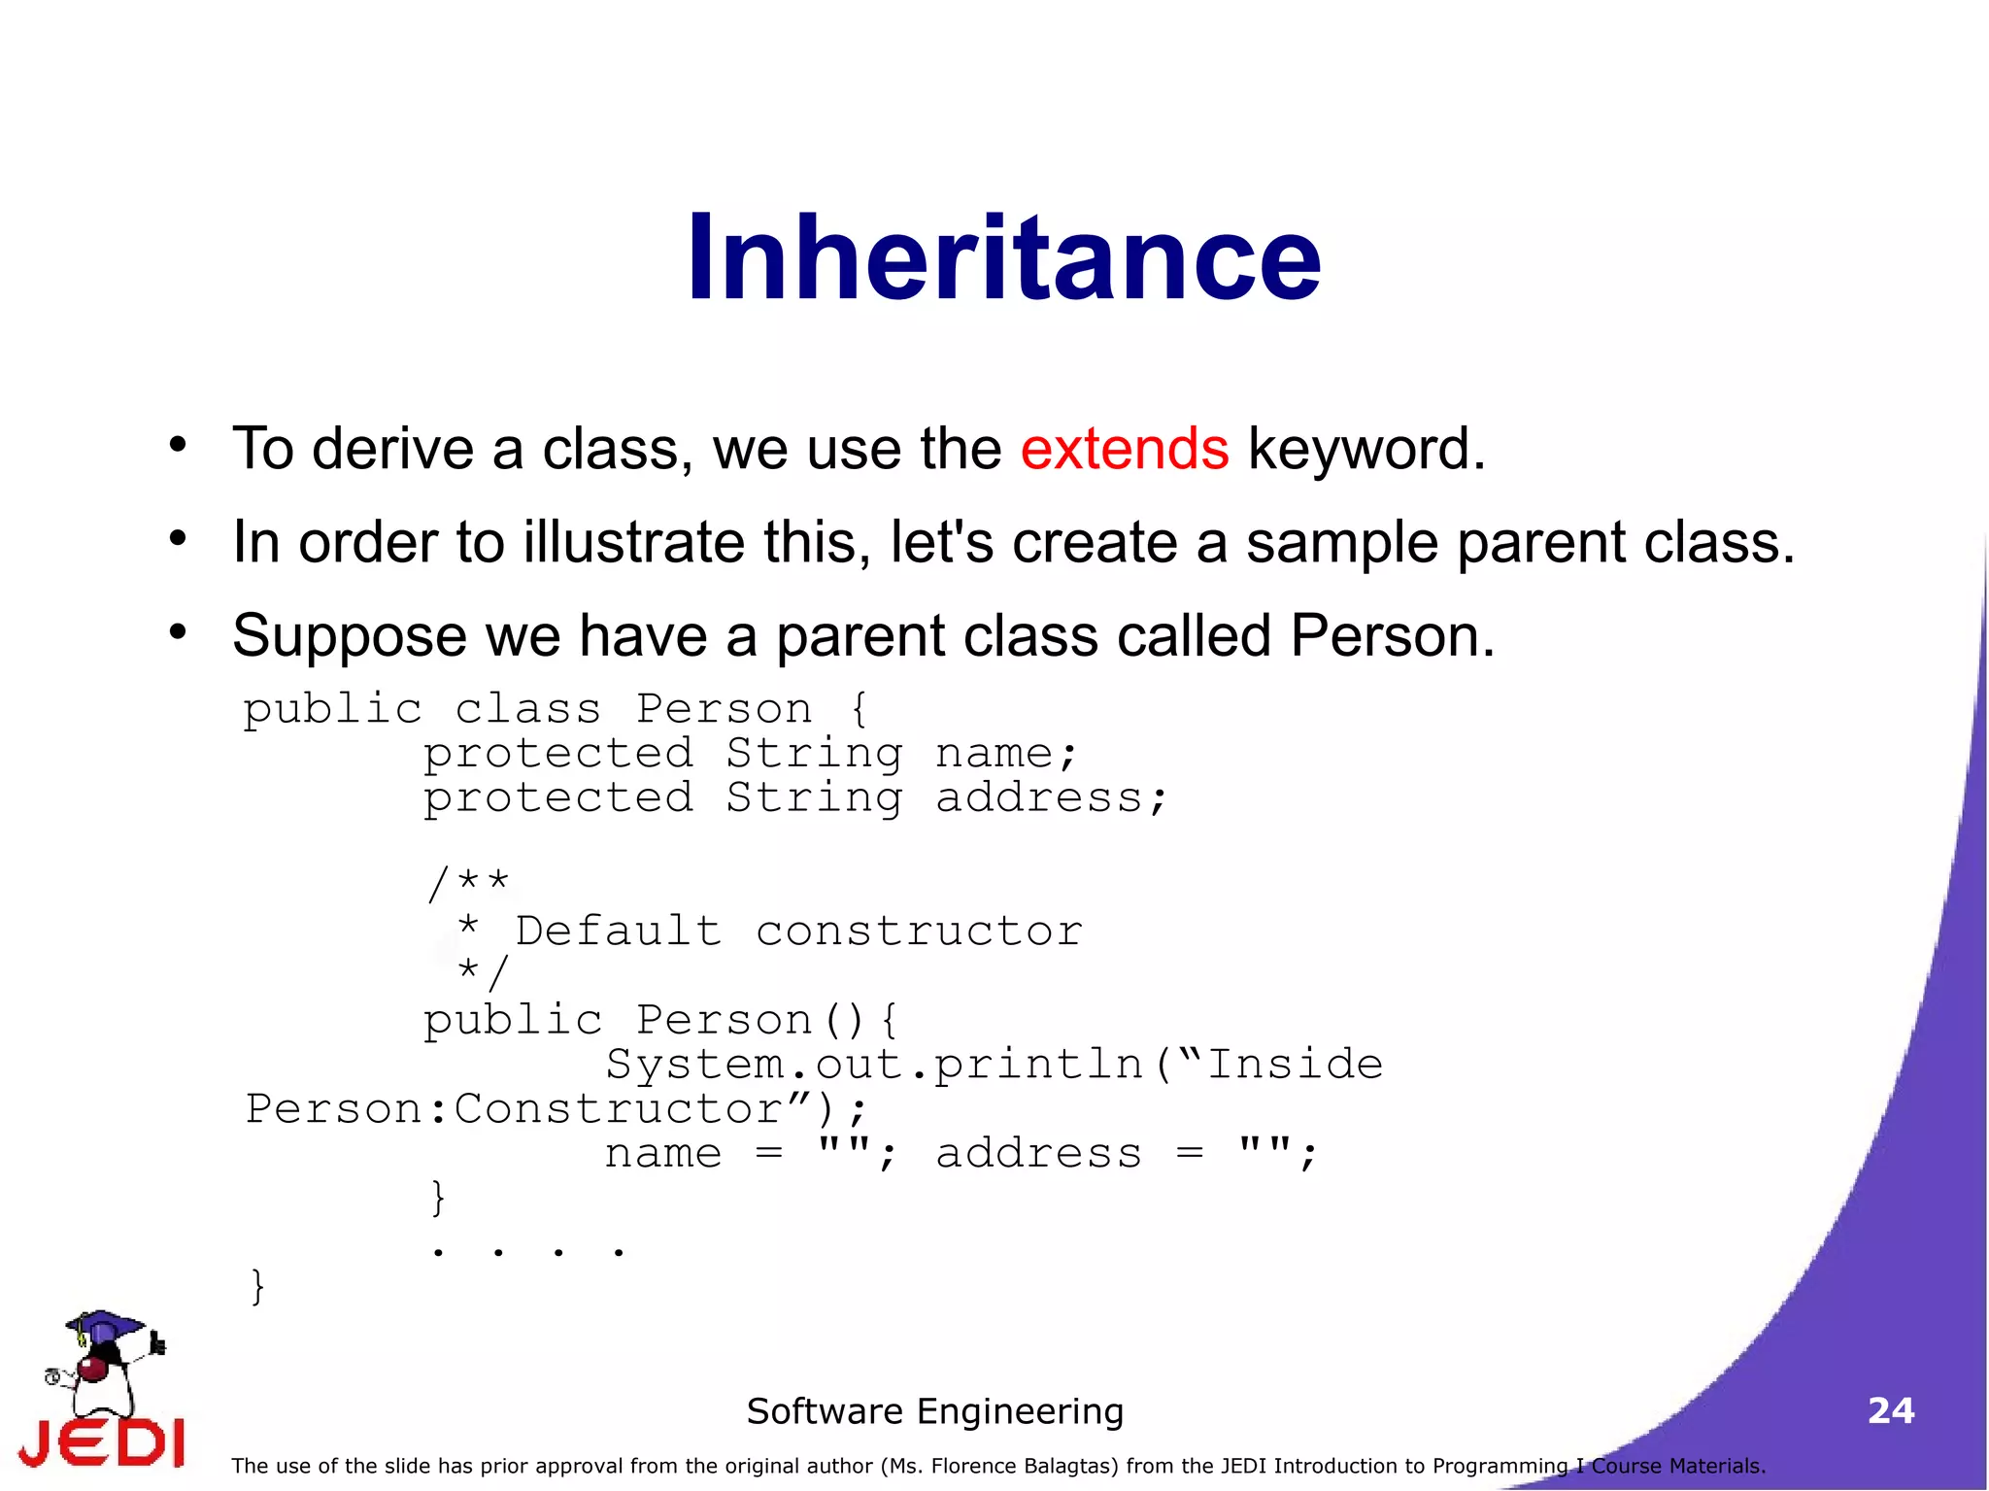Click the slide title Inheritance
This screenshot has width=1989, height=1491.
click(x=1003, y=258)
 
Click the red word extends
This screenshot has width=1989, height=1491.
click(x=1124, y=449)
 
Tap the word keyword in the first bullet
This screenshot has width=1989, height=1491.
click(x=1365, y=451)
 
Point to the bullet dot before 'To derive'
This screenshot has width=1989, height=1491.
click(x=177, y=445)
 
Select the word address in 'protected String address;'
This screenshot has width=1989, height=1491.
click(x=1038, y=798)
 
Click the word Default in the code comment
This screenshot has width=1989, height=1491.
click(x=618, y=931)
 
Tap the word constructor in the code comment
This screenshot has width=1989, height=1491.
click(x=919, y=931)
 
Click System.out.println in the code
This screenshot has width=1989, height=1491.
click(x=874, y=1065)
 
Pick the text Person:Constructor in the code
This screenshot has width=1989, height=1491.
click(x=515, y=1109)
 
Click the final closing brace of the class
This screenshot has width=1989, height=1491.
click(x=257, y=1287)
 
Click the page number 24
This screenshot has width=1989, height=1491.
click(x=1890, y=1410)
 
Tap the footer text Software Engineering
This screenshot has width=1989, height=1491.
click(x=934, y=1410)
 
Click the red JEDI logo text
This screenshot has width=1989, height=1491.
click(x=102, y=1442)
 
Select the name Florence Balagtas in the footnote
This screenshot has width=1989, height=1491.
click(x=1017, y=1466)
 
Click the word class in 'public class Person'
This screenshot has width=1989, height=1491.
click(x=527, y=710)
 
